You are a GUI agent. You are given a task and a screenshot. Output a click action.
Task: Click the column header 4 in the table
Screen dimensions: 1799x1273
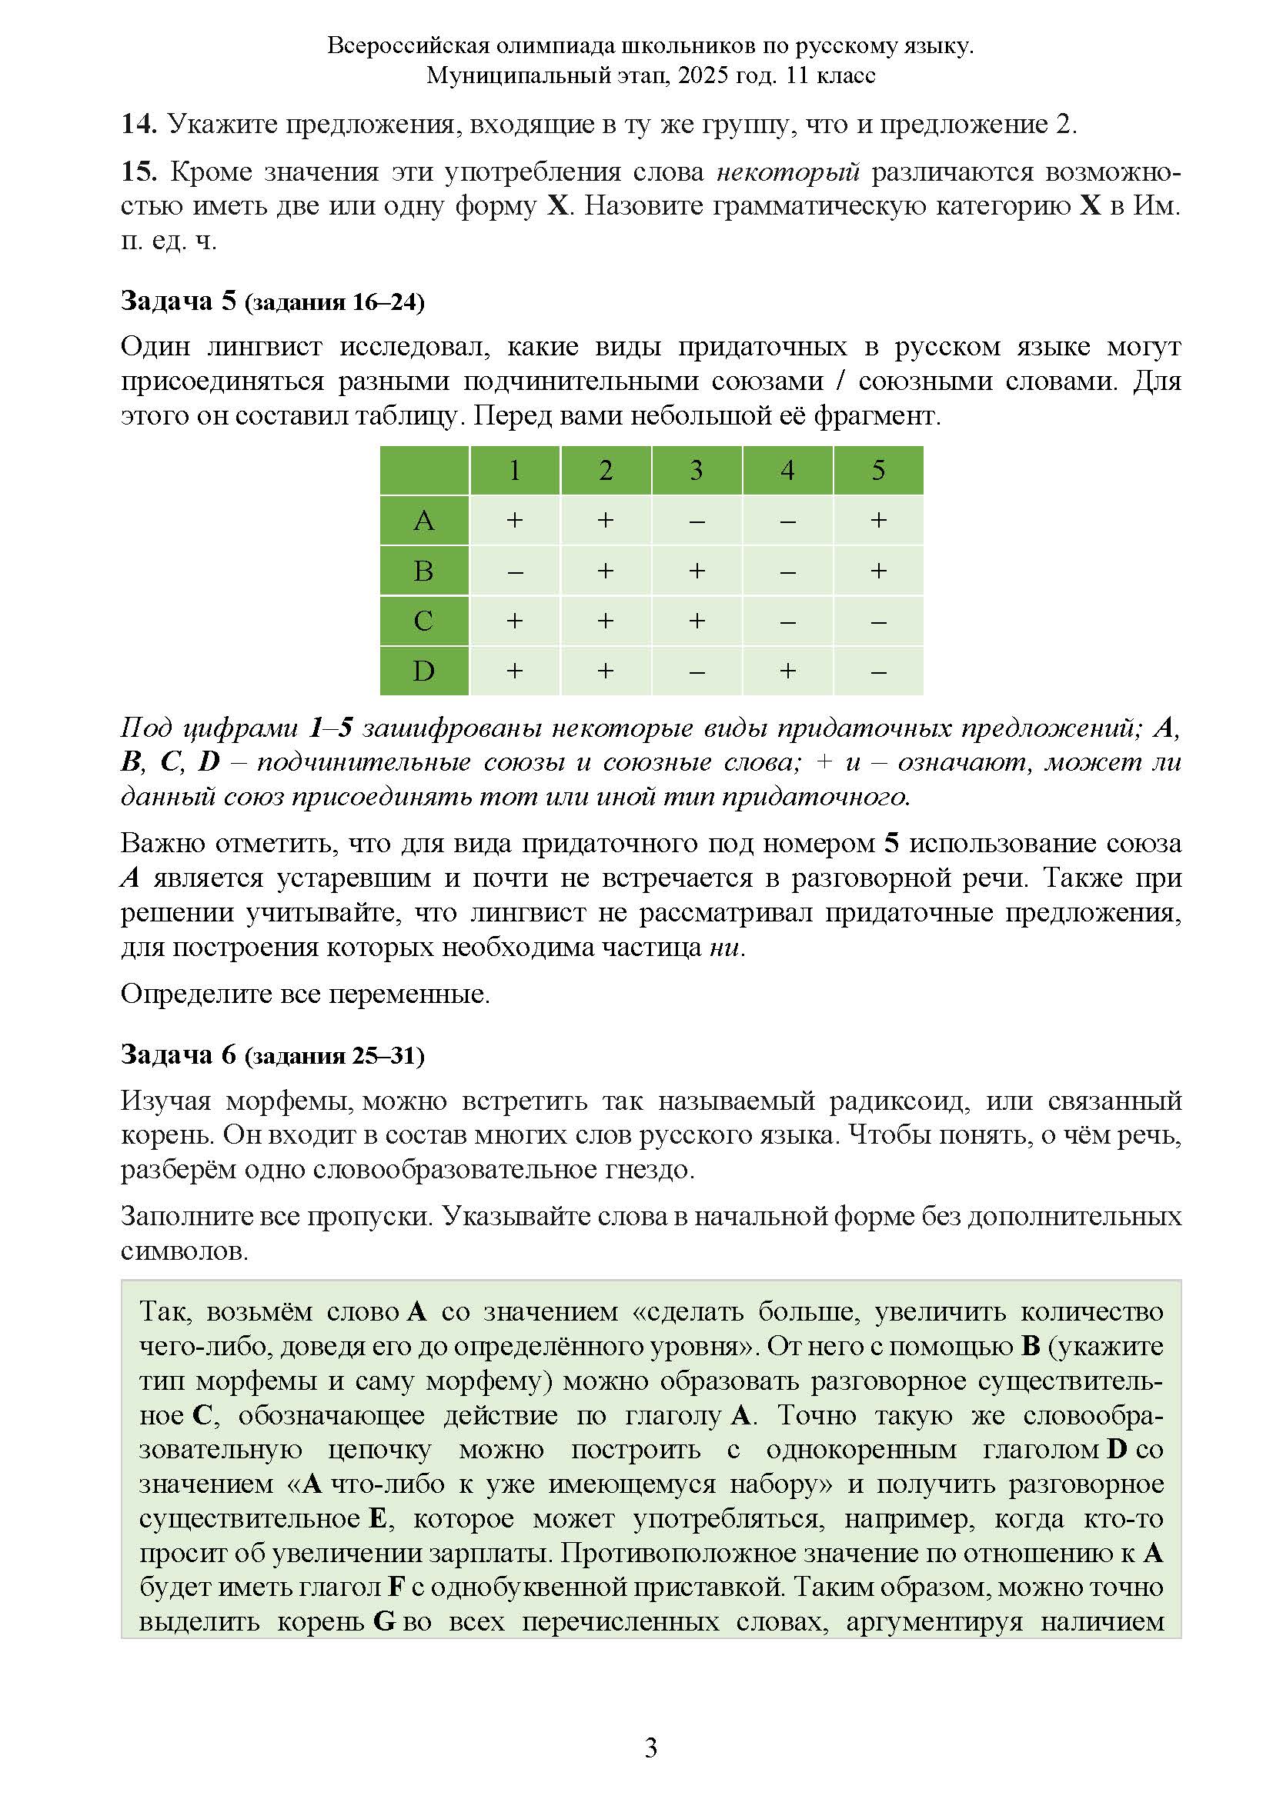787,470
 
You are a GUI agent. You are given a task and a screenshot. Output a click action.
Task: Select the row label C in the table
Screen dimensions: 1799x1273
423,621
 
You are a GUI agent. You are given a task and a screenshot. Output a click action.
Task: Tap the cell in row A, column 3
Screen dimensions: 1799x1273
696,520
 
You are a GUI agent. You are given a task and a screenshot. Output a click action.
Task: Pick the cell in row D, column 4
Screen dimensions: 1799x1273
787,671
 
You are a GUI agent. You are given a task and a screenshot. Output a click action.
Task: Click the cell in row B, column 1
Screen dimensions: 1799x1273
514,571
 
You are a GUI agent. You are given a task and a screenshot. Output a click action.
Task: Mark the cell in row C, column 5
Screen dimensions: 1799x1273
878,621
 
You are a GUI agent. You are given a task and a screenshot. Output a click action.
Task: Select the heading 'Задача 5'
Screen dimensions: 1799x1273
178,301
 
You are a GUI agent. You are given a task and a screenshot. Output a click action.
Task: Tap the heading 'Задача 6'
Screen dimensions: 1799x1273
178,1054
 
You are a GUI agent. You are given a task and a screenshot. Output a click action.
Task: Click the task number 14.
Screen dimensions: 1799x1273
139,124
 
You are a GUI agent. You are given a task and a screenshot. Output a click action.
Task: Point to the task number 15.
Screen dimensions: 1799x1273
139,172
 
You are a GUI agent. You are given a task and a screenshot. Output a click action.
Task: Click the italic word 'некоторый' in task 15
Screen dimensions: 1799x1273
788,172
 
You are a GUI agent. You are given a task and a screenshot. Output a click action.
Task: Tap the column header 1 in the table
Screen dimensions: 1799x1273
514,470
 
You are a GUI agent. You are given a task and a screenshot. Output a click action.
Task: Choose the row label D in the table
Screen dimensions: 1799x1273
423,671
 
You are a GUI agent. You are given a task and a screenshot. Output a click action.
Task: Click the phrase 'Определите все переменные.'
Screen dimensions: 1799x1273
305,994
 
